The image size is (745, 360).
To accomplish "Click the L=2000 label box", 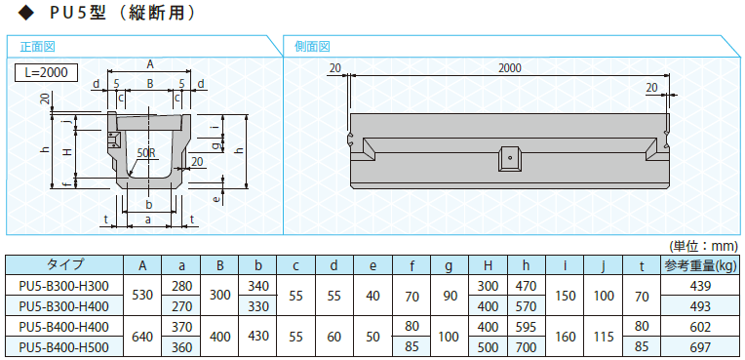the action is coord(46,73).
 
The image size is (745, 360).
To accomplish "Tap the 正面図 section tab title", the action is coord(38,47).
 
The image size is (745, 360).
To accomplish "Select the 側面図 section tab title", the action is coord(312,47).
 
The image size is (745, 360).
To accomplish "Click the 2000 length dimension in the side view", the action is coord(510,68).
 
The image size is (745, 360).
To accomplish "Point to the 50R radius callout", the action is coord(144,154).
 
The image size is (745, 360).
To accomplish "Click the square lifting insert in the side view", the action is coord(509,158).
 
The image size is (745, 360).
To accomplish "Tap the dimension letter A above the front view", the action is coord(150,64).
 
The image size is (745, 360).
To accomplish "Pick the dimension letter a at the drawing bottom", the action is coord(148,220).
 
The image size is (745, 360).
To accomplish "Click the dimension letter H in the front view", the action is coord(68,151).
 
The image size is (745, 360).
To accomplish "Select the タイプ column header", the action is coord(64,264).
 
